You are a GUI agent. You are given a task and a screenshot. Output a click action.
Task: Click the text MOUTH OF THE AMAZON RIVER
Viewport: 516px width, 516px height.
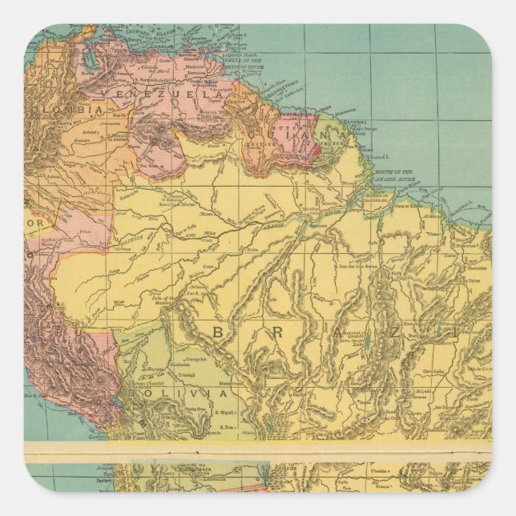coord(390,175)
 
